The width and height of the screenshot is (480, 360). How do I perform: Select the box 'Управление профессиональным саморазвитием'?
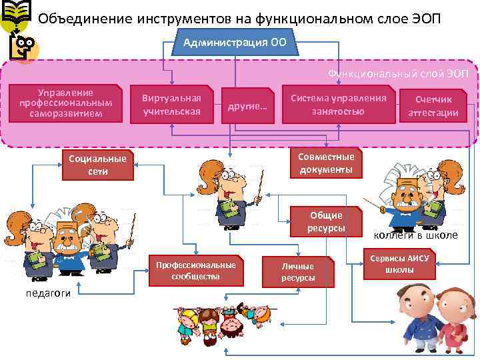(65, 103)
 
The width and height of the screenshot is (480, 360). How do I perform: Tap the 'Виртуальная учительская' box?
(171, 105)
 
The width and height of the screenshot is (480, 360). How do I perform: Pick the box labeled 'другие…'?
(247, 105)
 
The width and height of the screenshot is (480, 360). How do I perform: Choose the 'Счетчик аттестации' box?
(433, 105)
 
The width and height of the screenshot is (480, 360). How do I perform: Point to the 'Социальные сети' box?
(97, 165)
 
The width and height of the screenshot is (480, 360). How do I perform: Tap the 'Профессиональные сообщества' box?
(195, 270)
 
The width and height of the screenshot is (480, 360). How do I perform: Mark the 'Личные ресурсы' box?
(297, 272)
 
